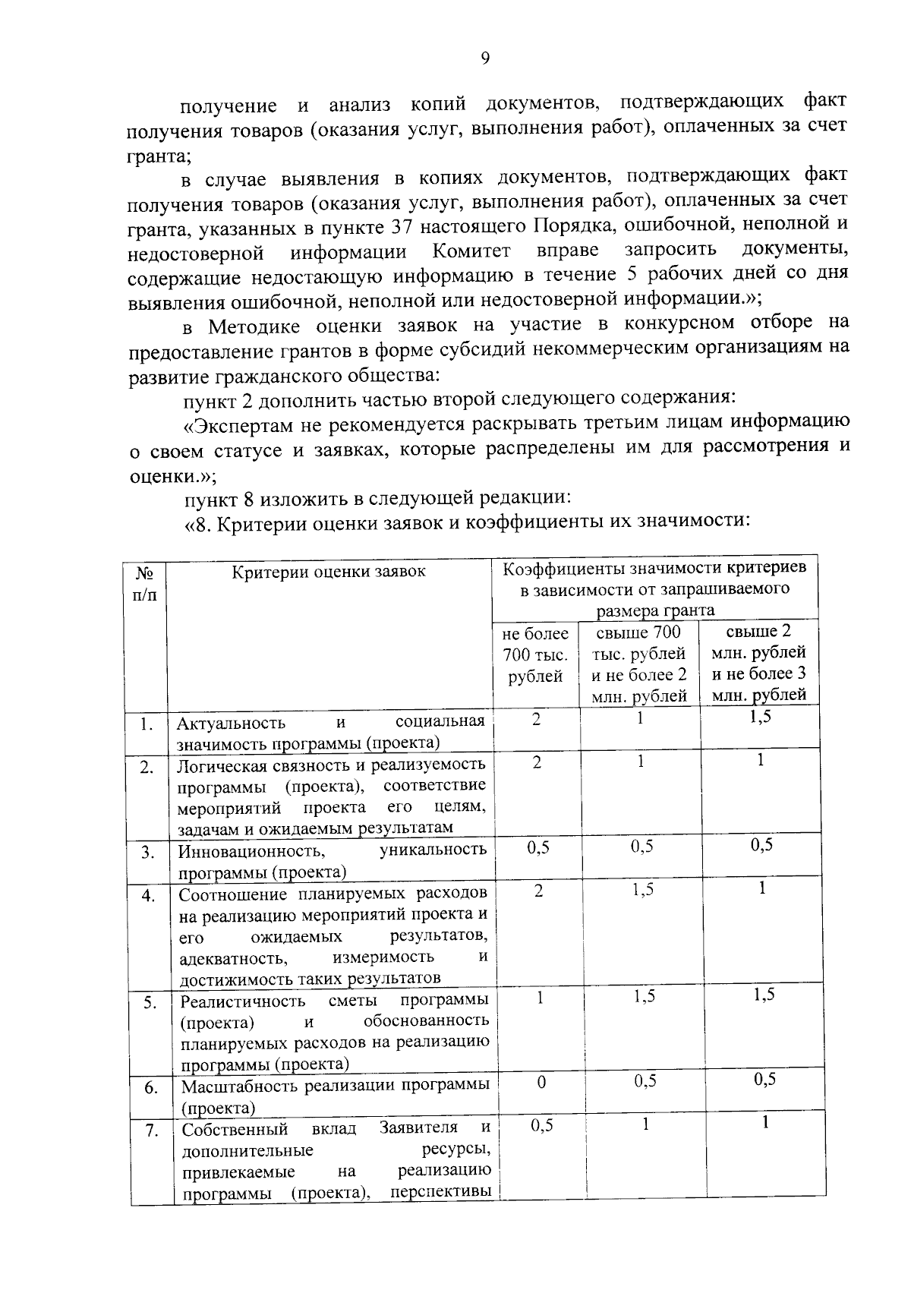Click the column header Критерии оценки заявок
click(328, 572)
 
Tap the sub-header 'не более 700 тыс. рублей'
click(535, 654)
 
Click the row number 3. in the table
click(148, 853)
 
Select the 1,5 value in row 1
click(760, 717)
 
